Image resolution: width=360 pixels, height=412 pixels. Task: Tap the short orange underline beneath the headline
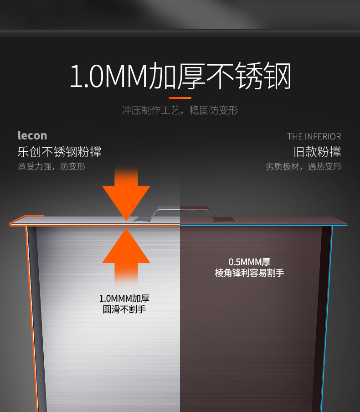tap(180, 98)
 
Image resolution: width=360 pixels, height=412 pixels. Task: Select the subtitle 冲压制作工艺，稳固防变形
tap(180, 110)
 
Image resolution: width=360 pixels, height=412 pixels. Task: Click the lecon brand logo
tap(32, 135)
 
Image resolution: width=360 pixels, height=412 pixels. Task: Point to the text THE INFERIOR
tap(314, 136)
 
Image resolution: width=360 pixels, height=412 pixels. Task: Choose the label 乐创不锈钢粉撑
tap(59, 152)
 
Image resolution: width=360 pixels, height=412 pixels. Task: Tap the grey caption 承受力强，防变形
tap(51, 166)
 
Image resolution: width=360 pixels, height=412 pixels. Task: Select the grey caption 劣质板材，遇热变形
tap(303, 166)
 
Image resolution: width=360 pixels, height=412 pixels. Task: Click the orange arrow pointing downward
tap(126, 196)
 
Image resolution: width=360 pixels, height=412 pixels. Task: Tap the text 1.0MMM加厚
tap(124, 299)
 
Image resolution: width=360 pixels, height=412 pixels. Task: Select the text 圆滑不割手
tap(124, 309)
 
